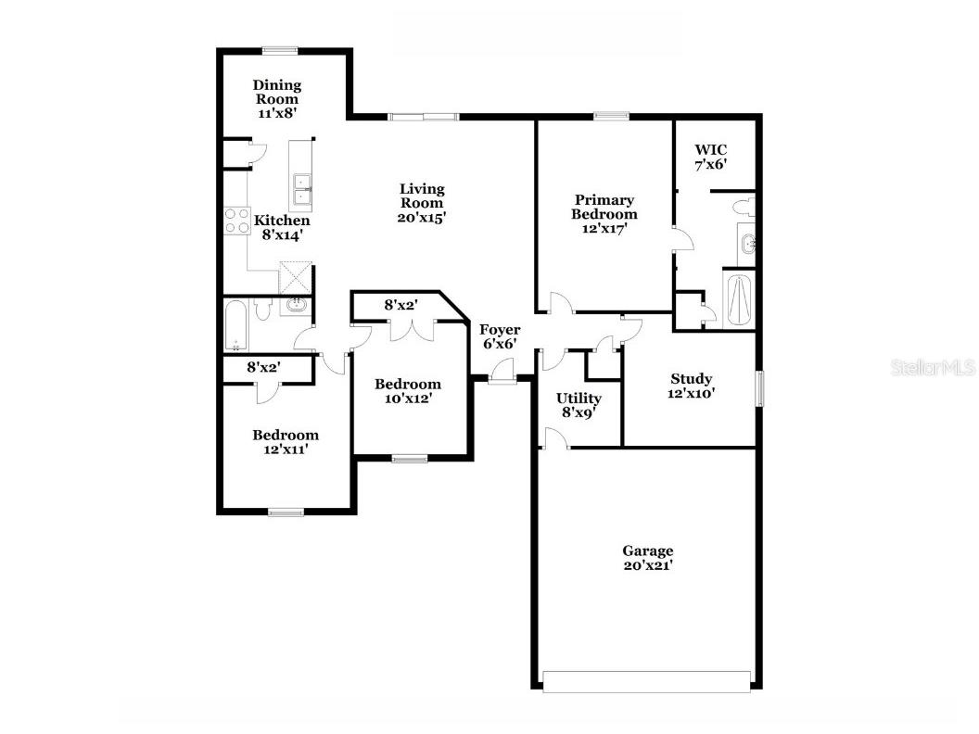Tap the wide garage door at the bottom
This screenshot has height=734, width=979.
tap(647, 681)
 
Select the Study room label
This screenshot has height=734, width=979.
tap(692, 385)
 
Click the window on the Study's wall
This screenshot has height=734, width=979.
tap(758, 388)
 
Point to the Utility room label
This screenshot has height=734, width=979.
tap(578, 405)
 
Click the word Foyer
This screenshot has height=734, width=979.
tap(499, 330)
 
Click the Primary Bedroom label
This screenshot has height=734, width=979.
tap(604, 214)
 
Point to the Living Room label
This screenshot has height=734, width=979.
tap(422, 203)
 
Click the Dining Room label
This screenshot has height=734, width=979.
tap(277, 98)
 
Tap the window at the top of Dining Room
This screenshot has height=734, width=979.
tap(279, 51)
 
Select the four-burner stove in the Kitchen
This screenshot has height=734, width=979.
tap(236, 220)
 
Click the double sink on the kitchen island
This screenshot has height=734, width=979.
tap(300, 188)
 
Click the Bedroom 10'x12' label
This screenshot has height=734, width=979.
tap(408, 391)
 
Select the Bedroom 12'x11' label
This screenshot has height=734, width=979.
tap(286, 441)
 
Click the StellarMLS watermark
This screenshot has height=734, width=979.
tap(933, 368)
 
